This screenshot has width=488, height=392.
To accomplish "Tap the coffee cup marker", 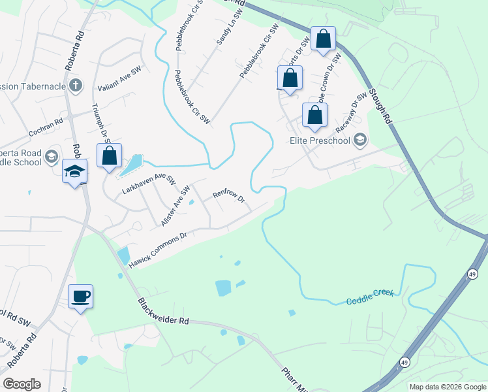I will click(80, 297).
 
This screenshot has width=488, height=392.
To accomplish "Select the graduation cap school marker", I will click(74, 172).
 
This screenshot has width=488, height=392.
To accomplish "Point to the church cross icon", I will click(76, 85).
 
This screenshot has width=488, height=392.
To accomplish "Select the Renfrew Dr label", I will click(228, 195).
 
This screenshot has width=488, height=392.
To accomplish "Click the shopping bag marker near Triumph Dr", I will click(110, 156).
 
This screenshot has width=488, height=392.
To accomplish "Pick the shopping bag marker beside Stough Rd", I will click(323, 39).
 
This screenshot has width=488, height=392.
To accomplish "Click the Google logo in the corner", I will click(22, 384).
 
